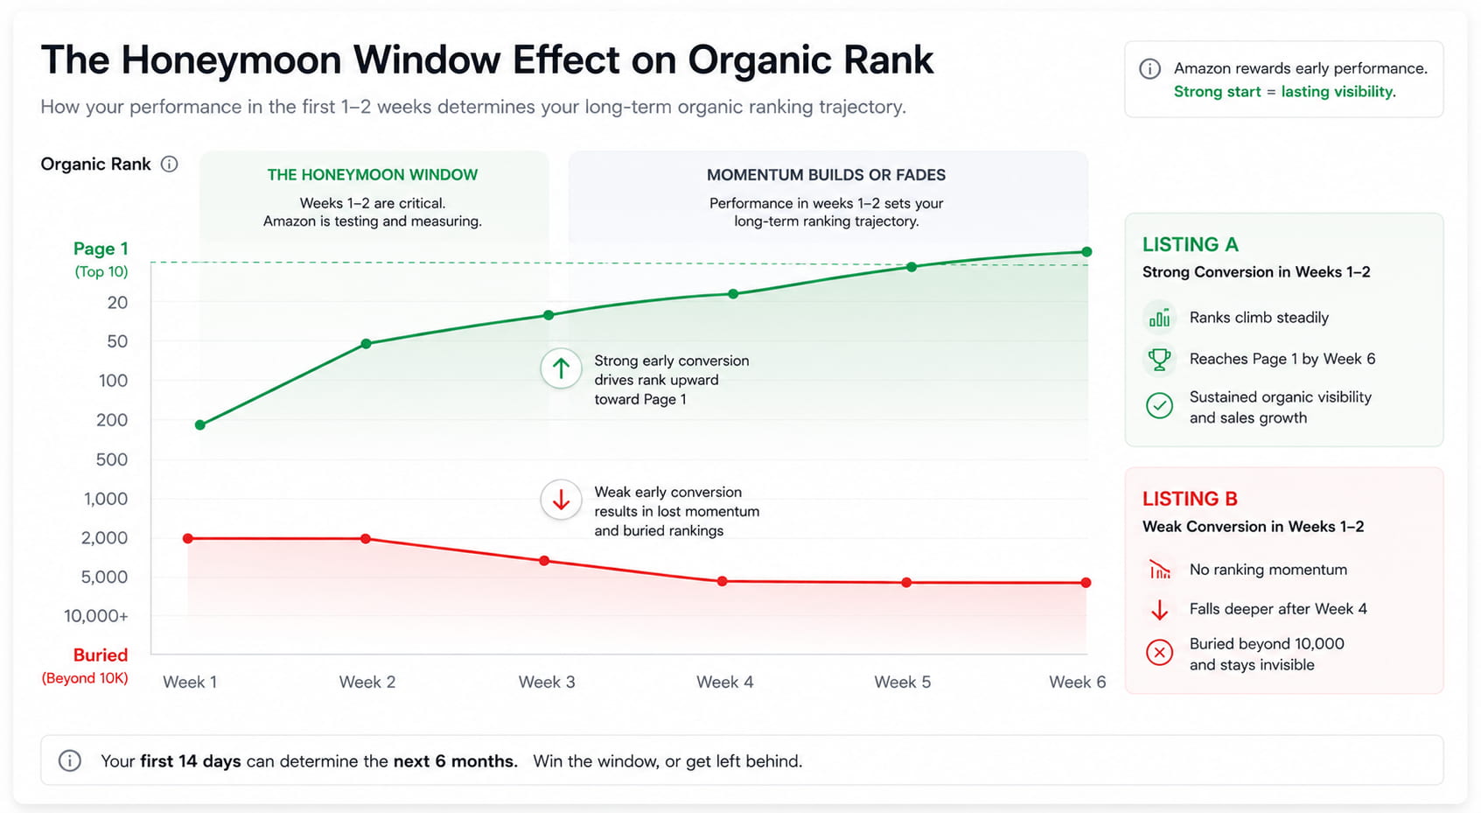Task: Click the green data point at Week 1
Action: click(200, 424)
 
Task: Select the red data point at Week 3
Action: click(544, 561)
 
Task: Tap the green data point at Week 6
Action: click(1086, 251)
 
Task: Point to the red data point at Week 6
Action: click(1086, 583)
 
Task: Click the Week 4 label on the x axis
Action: click(724, 682)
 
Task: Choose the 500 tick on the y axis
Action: click(112, 459)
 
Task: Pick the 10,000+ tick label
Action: click(96, 616)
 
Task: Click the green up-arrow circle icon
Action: click(561, 368)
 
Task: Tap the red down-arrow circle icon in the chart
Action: click(561, 500)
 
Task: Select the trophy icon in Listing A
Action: click(1159, 359)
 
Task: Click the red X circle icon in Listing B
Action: click(1159, 652)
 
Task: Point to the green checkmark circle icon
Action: click(1159, 405)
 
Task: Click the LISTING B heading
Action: click(1190, 498)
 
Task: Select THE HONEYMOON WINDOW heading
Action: click(373, 175)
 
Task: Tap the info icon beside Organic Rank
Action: click(169, 164)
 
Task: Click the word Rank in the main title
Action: click(889, 60)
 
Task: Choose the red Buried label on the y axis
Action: click(101, 655)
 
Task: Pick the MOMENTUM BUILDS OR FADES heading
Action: click(826, 175)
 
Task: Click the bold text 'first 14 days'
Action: click(191, 760)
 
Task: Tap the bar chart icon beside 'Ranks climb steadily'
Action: click(1159, 319)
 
